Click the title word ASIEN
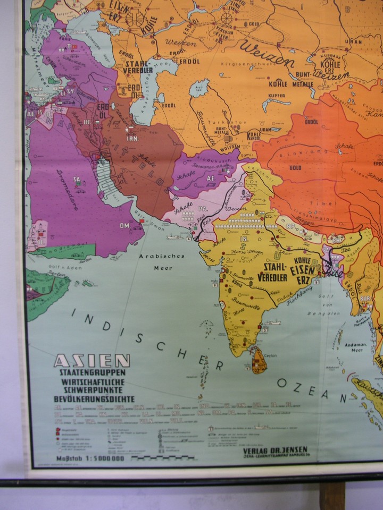91,361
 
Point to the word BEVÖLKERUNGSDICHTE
94,398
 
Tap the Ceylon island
259,362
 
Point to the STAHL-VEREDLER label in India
272,271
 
